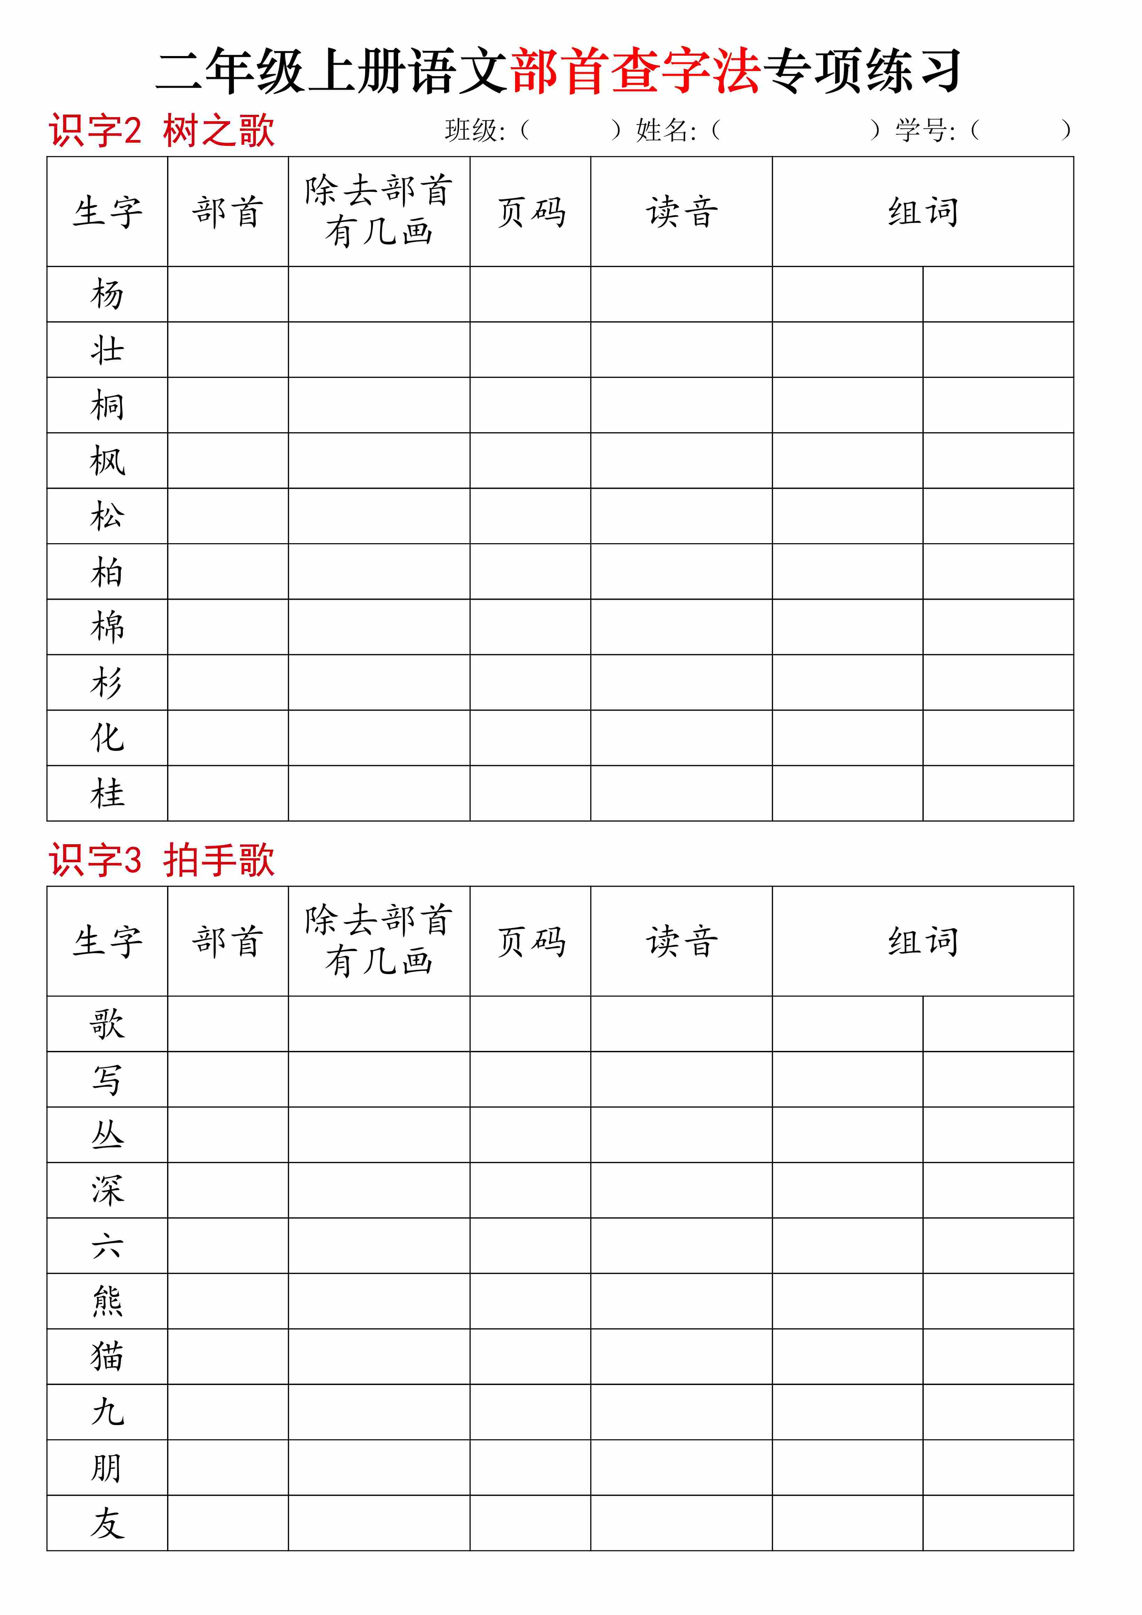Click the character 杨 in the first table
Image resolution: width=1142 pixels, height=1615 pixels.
click(107, 294)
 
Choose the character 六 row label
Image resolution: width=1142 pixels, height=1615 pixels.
click(107, 1246)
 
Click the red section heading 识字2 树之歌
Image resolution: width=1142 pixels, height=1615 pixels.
click(161, 131)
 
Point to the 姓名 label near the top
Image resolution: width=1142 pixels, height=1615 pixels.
click(665, 131)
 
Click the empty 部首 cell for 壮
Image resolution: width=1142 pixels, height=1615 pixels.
click(228, 350)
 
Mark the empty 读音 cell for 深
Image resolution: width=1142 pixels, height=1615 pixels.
click(681, 1190)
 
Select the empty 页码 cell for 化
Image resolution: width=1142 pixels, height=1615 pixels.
click(530, 738)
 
